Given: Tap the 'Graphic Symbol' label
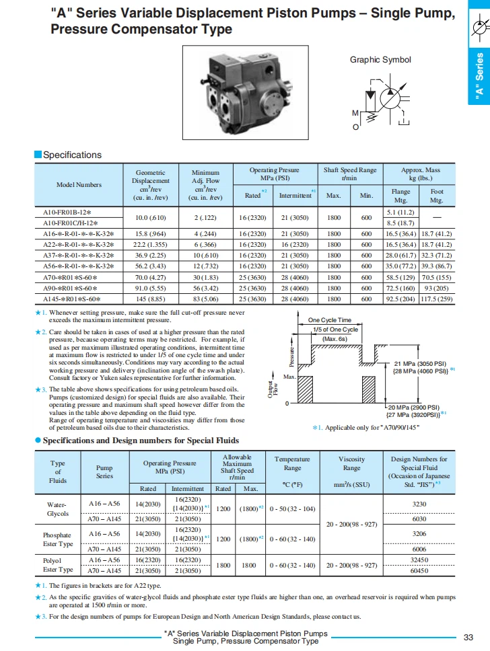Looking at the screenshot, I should coord(380,60).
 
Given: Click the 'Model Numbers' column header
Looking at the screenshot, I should coord(79,184).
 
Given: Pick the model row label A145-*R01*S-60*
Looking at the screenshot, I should coord(71,299).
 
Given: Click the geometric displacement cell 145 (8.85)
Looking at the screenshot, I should coord(151,299).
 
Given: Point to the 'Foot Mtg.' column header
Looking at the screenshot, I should coord(437,196).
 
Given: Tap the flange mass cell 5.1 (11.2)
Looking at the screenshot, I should coord(400,212).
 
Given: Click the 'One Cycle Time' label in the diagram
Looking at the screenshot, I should coord(330,320).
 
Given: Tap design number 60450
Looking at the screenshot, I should coord(419,570).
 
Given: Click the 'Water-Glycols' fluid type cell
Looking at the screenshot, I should coord(58,508).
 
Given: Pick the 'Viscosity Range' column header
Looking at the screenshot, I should coord(351,463).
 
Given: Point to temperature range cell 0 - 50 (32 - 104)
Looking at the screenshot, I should coord(292,509).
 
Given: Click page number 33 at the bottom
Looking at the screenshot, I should coord(469,637).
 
